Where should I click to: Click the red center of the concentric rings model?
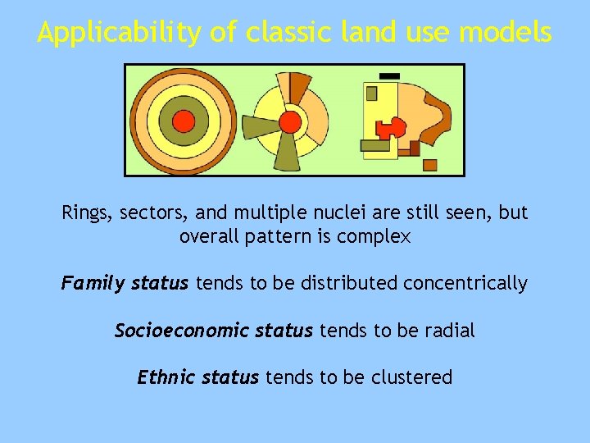pyautogui.click(x=184, y=121)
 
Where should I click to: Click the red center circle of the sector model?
pyautogui.click(x=290, y=122)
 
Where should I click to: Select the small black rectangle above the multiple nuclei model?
pyautogui.click(x=390, y=75)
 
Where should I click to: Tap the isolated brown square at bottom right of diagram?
pyautogui.click(x=430, y=165)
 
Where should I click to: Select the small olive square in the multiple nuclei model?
pyautogui.click(x=371, y=94)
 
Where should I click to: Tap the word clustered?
pyautogui.click(x=411, y=377)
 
